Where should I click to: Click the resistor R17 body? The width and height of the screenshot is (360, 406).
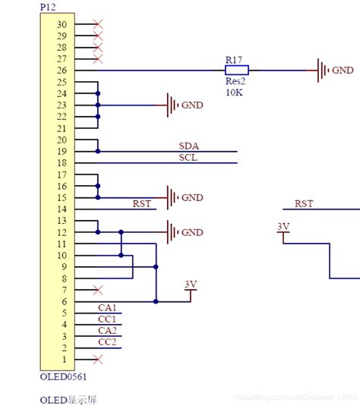coord(236,71)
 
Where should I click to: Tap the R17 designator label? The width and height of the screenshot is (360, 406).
coord(234,59)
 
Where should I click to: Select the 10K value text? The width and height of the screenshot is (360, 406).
coord(233,92)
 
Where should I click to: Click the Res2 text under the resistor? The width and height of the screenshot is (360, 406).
coord(235,81)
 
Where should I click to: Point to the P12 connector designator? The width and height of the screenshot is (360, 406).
coord(47,6)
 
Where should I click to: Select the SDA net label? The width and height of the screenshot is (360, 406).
coord(188,146)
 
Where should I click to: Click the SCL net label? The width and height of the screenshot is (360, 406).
coord(188,157)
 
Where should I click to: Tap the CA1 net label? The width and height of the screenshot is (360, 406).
coord(108,307)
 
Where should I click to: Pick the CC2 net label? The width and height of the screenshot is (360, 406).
coord(108,341)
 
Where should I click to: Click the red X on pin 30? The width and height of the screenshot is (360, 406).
coord(97,24)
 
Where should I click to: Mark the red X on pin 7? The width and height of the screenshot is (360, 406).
coord(97,290)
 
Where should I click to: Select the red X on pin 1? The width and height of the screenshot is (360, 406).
coord(97,358)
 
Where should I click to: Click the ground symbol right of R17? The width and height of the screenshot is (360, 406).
coord(324,71)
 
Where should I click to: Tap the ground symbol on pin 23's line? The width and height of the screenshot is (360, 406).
coord(172,105)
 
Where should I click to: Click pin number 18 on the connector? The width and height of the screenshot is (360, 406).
coord(62,163)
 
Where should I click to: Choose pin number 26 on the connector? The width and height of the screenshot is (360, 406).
coord(62,71)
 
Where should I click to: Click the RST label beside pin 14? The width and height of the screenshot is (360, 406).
coord(142,203)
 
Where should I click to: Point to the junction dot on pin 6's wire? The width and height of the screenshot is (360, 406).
coord(156,301)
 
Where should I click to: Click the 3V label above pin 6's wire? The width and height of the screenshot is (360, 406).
coord(191,285)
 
